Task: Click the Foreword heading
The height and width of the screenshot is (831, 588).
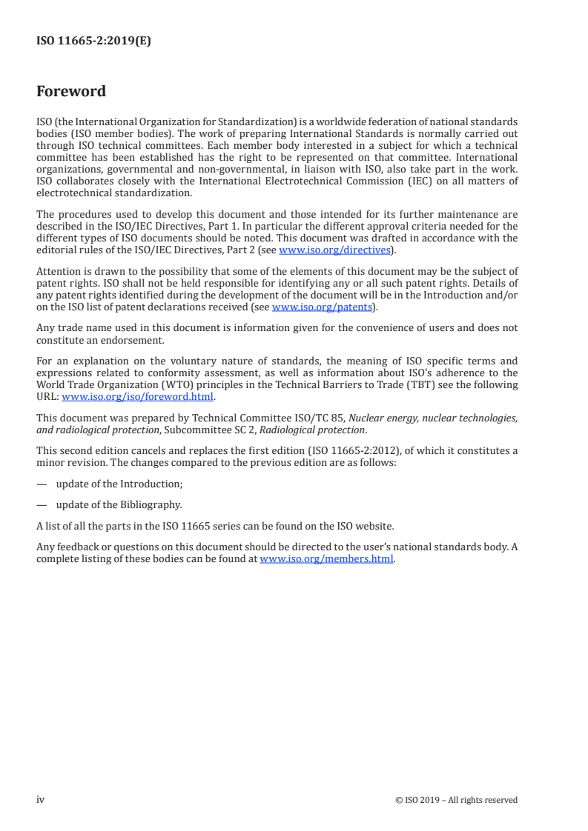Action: click(71, 92)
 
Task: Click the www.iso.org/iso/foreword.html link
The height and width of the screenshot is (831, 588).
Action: click(138, 396)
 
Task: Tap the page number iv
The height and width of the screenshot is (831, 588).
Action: click(41, 799)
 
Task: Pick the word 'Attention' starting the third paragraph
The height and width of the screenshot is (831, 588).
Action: click(58, 271)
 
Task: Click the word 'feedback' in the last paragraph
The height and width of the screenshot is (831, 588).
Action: click(73, 548)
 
